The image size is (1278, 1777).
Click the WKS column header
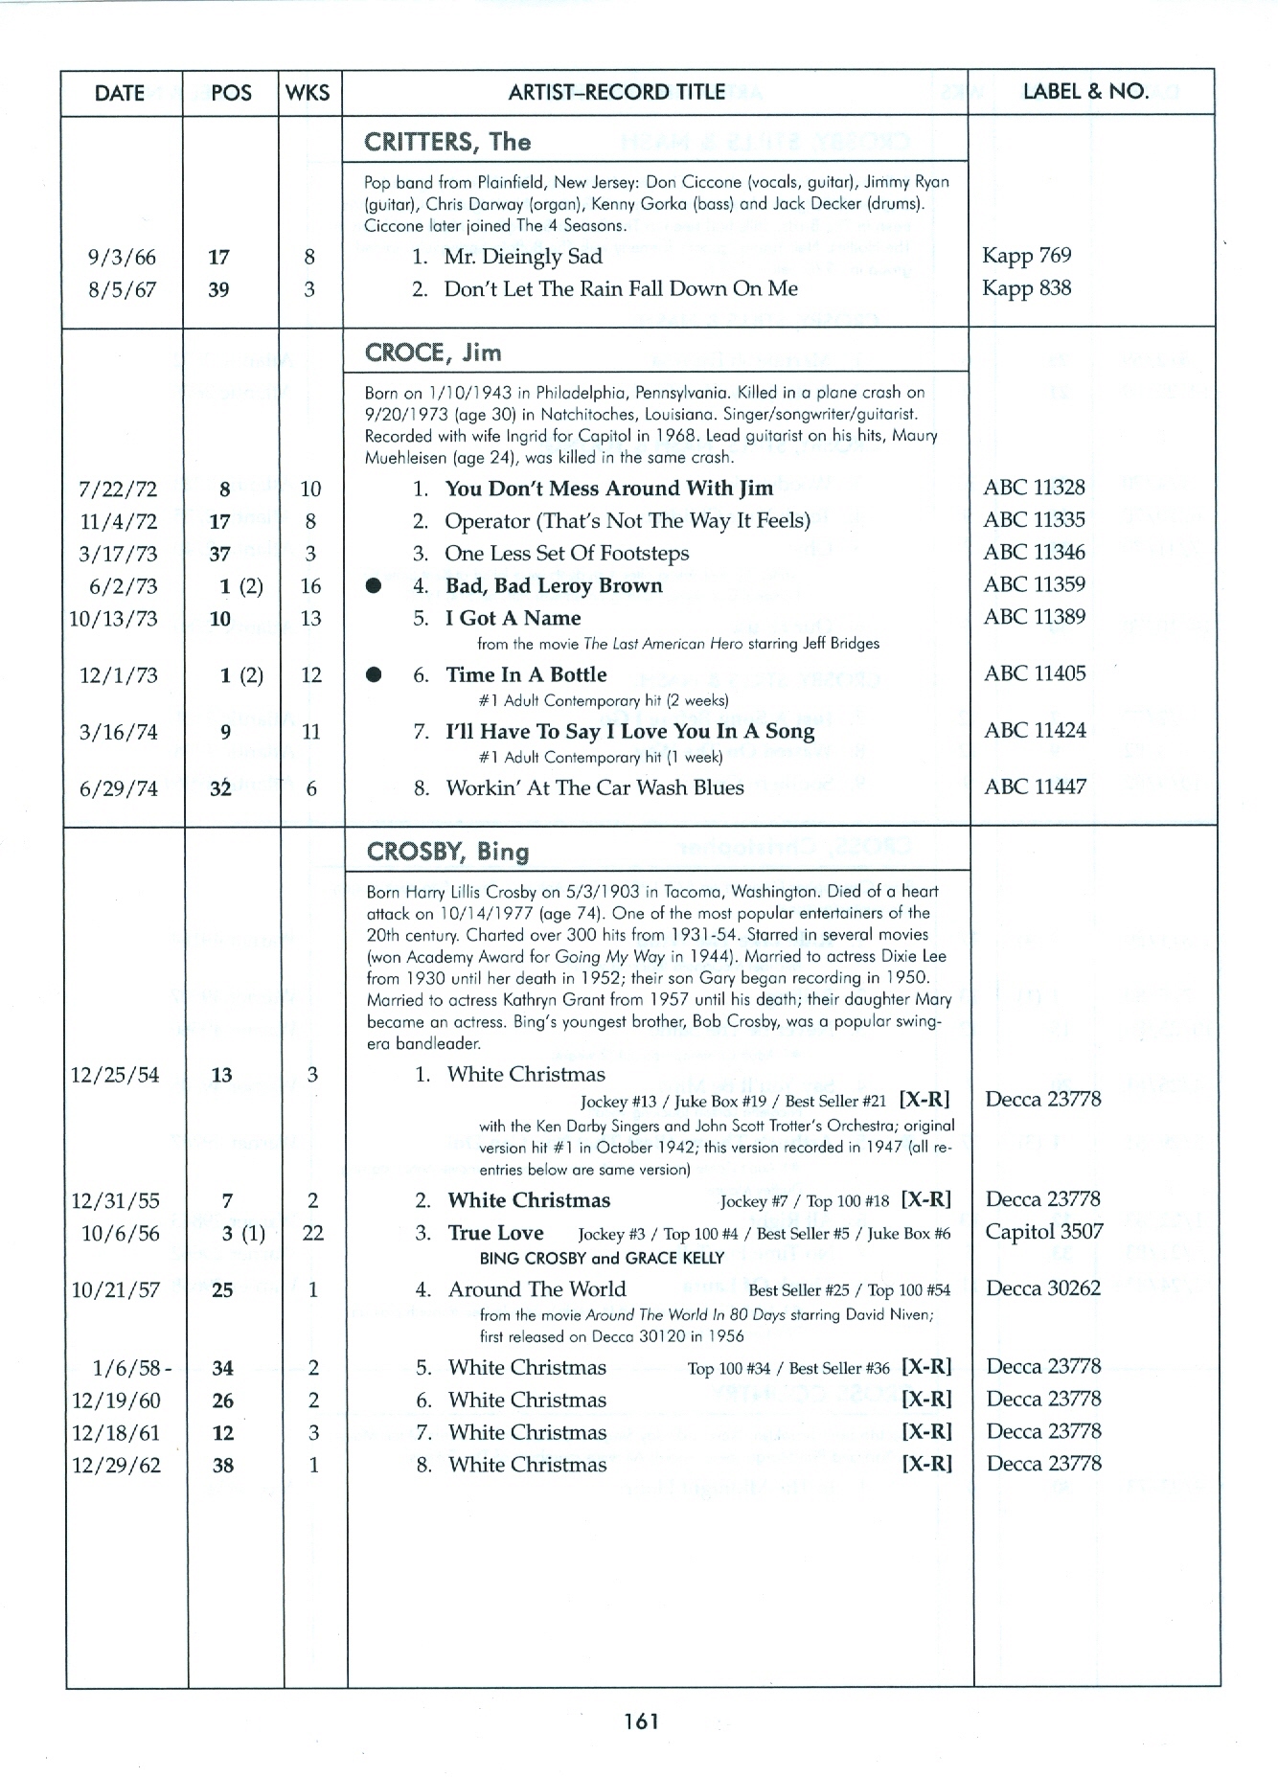click(308, 93)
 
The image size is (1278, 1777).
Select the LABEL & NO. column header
click(1085, 92)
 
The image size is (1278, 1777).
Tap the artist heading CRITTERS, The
click(446, 142)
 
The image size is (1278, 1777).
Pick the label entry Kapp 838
click(1026, 288)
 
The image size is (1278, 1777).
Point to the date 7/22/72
click(117, 490)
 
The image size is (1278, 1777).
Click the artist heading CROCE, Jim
click(433, 353)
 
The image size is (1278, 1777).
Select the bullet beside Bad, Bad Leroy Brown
click(374, 586)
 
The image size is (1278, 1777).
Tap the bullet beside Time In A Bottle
click(374, 675)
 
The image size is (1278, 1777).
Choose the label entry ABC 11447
click(1035, 787)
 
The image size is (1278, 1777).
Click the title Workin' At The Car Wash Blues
click(594, 788)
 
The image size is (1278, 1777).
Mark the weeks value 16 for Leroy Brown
click(310, 586)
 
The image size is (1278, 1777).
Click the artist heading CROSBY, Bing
click(447, 852)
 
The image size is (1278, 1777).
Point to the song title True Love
click(495, 1233)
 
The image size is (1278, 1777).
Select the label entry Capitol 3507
click(1044, 1232)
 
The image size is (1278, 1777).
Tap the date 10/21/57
click(115, 1290)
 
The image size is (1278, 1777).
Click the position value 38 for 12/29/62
click(222, 1466)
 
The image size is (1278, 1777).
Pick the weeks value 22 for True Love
click(312, 1234)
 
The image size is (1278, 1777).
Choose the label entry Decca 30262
click(1043, 1288)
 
